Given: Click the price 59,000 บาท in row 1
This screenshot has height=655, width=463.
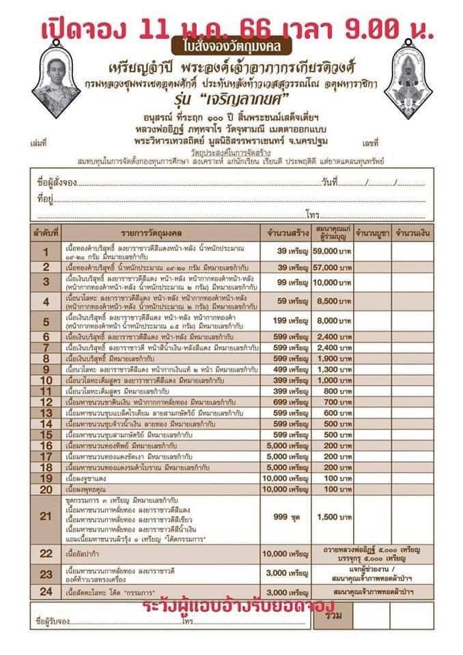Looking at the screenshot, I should pos(332,251).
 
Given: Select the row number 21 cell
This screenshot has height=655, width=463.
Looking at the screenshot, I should pos(46,516).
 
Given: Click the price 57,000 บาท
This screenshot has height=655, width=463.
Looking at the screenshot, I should pos(332,266).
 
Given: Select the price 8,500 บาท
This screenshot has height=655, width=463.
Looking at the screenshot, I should pos(332,300).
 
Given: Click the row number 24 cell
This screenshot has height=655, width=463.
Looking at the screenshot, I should pos(46,592).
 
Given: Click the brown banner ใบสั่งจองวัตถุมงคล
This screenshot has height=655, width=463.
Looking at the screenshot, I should pos(232,47).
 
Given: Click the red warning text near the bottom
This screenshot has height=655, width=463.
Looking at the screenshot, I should pos(239,605).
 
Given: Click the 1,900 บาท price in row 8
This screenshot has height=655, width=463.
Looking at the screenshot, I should pos(332,358).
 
